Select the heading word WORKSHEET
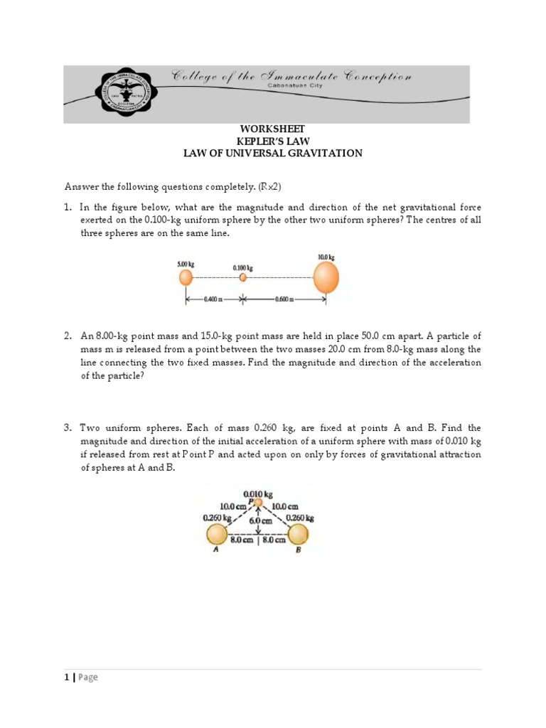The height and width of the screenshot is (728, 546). [x=272, y=129]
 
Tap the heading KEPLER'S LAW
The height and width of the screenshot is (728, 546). [x=272, y=141]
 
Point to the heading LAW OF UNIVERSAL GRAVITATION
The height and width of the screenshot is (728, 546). [x=272, y=153]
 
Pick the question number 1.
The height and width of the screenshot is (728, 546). [x=68, y=208]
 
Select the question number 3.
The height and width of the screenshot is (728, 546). [x=68, y=428]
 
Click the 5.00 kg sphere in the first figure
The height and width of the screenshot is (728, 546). [x=186, y=277]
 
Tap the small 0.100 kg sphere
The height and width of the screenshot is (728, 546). [x=242, y=277]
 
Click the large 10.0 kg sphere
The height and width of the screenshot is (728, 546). [x=326, y=277]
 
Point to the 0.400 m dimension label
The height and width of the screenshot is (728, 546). [x=213, y=299]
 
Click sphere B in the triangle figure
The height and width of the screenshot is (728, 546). [x=299, y=534]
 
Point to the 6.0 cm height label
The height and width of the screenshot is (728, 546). [x=257, y=520]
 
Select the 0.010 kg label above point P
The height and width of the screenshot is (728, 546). [x=256, y=493]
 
